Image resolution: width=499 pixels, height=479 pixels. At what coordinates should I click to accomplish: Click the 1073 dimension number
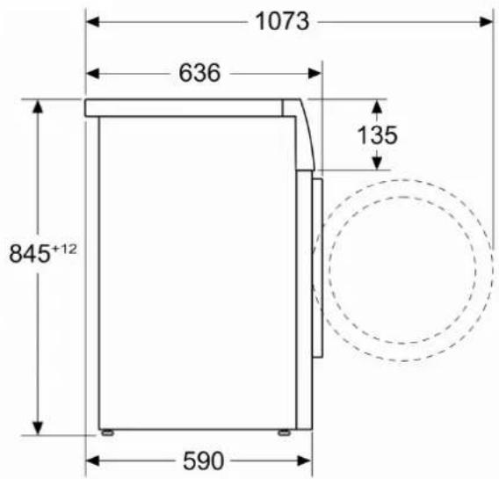click(x=282, y=21)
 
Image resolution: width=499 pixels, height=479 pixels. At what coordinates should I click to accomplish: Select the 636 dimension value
click(x=199, y=73)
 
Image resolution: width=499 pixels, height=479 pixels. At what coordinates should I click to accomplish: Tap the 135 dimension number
click(x=378, y=135)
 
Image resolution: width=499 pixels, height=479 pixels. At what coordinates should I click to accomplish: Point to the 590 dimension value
click(x=203, y=461)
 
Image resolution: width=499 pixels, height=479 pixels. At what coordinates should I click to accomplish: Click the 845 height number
click(x=30, y=254)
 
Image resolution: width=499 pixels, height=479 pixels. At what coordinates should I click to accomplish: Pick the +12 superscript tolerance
click(x=64, y=249)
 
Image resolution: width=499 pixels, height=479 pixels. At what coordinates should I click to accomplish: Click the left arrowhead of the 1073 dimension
click(x=93, y=22)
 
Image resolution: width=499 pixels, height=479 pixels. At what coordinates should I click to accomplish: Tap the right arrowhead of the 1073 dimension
click(x=487, y=22)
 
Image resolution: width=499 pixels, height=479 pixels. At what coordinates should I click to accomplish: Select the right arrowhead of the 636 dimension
click(x=315, y=74)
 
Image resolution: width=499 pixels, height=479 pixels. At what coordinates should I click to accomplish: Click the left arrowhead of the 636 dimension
click(x=93, y=74)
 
